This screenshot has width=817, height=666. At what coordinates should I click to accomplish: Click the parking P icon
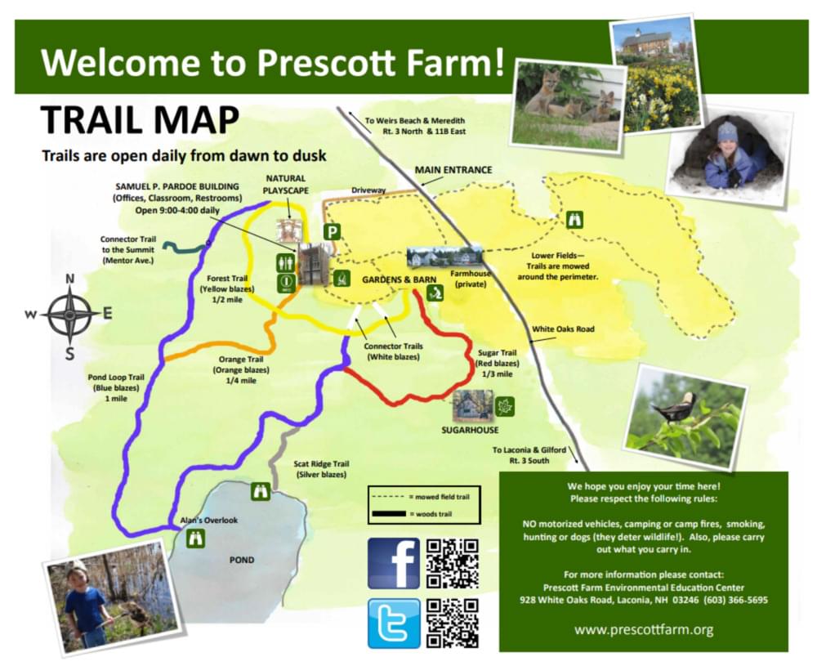[332, 231]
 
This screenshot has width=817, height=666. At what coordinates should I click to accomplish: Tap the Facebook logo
[394, 563]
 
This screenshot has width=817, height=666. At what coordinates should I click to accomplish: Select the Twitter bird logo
[394, 624]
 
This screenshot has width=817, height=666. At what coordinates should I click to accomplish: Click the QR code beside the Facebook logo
[453, 563]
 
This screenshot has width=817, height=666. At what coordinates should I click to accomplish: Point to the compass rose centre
[69, 315]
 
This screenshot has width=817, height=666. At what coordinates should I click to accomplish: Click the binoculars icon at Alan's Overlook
[196, 539]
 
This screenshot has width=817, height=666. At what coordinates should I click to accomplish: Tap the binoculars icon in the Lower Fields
[574, 220]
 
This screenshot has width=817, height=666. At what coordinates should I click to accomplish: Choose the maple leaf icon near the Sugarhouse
[504, 407]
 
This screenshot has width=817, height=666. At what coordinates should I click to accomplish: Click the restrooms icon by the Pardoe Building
[285, 262]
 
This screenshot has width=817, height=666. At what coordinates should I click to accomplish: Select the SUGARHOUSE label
[470, 430]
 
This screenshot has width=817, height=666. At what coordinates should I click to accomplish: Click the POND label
[242, 560]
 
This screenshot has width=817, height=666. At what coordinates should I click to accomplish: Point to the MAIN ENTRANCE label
[453, 170]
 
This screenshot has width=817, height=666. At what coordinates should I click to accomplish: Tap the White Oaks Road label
[563, 329]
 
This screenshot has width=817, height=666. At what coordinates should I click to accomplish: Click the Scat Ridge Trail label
[321, 464]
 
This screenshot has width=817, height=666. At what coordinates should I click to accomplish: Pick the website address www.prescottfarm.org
[644, 629]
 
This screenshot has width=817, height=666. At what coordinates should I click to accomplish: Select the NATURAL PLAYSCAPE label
[285, 185]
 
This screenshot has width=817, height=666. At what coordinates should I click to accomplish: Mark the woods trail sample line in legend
[389, 514]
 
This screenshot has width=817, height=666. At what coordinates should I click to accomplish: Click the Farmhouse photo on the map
[445, 257]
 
